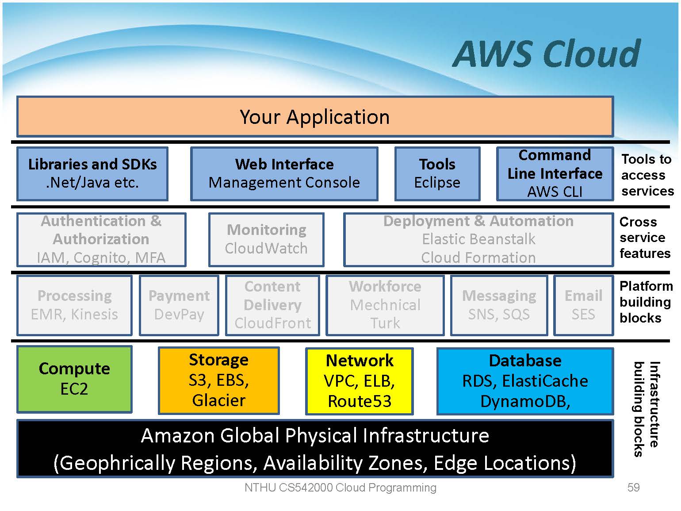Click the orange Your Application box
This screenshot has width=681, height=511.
tap(315, 116)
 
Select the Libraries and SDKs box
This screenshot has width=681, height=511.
tap(92, 173)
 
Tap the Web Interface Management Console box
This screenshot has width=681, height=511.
tap(284, 173)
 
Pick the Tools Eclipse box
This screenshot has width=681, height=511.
tap(437, 173)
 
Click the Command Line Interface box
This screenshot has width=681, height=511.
tap(555, 173)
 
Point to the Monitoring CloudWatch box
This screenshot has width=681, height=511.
tap(266, 239)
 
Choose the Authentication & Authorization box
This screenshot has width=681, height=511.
tap(101, 239)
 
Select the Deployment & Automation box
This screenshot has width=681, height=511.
tap(478, 239)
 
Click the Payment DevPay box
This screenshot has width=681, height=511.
tap(179, 305)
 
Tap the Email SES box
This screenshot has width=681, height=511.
tap(583, 305)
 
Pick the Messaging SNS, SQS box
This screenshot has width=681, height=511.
tap(499, 305)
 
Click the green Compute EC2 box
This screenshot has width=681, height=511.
tap(74, 379)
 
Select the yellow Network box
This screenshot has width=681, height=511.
tap(360, 381)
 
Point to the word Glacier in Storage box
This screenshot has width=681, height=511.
tap(219, 400)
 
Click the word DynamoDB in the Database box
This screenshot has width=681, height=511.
tap(524, 401)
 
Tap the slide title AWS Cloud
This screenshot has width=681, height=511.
tap(547, 54)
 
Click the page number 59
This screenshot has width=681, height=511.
tap(633, 488)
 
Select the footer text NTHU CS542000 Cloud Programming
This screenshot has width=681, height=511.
tap(340, 488)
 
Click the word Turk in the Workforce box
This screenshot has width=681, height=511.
tap(385, 323)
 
